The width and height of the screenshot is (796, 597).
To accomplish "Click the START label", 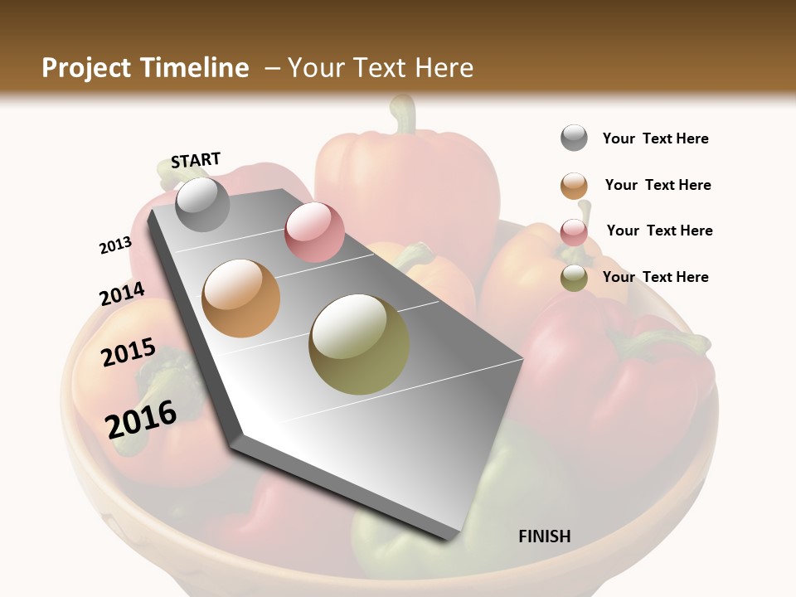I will tap(196, 160).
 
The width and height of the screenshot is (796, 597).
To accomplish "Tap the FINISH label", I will tap(545, 536).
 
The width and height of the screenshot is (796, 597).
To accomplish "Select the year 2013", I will tap(115, 245).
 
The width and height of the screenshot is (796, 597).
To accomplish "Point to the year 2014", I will tap(122, 294).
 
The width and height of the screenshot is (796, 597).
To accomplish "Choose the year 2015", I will tap(129, 352).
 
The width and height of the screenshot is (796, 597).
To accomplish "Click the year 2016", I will tap(141, 419).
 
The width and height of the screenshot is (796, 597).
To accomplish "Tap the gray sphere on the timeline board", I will tap(202, 205).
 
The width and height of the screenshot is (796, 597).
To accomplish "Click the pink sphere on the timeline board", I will tap(314, 232).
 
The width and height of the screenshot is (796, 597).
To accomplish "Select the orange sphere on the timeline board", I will tap(241, 298).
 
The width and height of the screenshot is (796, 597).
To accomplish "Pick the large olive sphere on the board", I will tap(359, 344).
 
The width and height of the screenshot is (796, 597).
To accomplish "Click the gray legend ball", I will tap(574, 138).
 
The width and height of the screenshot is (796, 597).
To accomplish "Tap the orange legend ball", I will tap(574, 186).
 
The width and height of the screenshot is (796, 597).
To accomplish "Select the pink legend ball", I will tap(574, 231).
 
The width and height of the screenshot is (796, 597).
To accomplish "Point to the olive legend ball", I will tap(574, 278).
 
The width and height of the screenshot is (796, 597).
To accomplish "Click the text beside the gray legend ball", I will tap(656, 138).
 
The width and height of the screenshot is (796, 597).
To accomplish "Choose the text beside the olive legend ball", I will tap(656, 277).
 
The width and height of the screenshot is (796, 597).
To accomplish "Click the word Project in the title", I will tap(87, 68).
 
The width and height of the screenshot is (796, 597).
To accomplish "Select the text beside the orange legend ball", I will tap(658, 185).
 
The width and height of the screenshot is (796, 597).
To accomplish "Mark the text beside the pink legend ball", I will tap(660, 231).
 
